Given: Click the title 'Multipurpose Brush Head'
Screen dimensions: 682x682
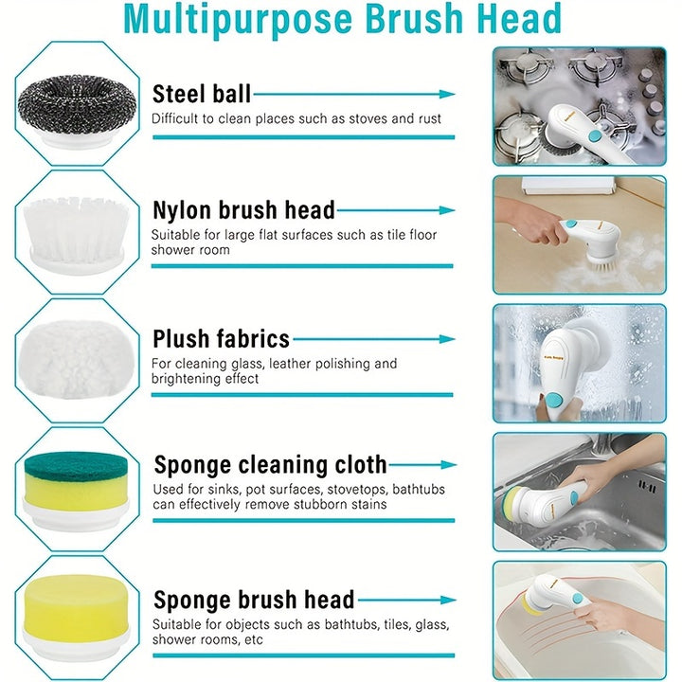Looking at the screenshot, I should click(342, 19).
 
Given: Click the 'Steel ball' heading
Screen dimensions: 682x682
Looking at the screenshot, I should click(202, 94).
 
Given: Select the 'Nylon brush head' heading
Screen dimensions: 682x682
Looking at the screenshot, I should click(243, 209).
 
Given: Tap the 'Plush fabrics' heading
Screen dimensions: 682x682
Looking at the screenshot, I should click(221, 338).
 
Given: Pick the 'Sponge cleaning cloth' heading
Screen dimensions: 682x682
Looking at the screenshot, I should click(270, 465).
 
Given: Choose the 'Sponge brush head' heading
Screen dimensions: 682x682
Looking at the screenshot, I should click(253, 600).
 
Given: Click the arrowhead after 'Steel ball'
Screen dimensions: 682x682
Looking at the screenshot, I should click(448, 95).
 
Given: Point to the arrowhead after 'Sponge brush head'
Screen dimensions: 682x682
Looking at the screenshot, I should click(448, 600).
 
